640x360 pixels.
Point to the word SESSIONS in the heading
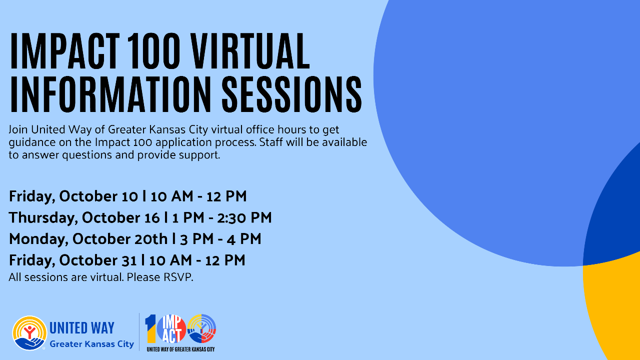tap(291, 94)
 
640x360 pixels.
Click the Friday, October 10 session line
tap(128, 196)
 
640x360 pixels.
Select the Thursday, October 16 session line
tap(140, 217)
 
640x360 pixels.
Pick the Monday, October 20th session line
tap(135, 239)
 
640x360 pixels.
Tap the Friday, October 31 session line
tap(127, 260)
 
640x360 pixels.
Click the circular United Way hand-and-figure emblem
tap(29, 332)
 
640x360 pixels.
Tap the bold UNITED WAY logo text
tap(82, 328)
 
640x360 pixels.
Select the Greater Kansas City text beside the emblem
tap(91, 344)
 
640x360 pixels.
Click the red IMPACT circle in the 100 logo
tap(171, 329)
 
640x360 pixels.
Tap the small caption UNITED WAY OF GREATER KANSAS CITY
tap(180, 348)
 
